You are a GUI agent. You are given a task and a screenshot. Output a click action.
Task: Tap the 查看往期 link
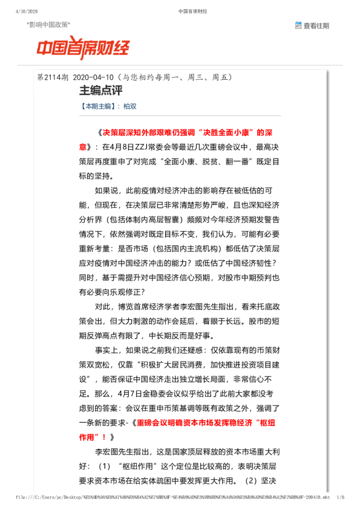coord(316,25)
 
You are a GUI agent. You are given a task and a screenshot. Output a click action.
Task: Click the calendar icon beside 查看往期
coord(298,25)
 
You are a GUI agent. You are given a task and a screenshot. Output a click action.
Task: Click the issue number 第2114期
coord(53,78)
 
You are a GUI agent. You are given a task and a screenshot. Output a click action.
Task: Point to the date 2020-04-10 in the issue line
coord(93,78)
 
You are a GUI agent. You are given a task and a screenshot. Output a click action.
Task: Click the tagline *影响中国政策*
coord(49,24)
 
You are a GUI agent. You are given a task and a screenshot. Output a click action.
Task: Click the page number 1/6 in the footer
coord(340,496)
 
